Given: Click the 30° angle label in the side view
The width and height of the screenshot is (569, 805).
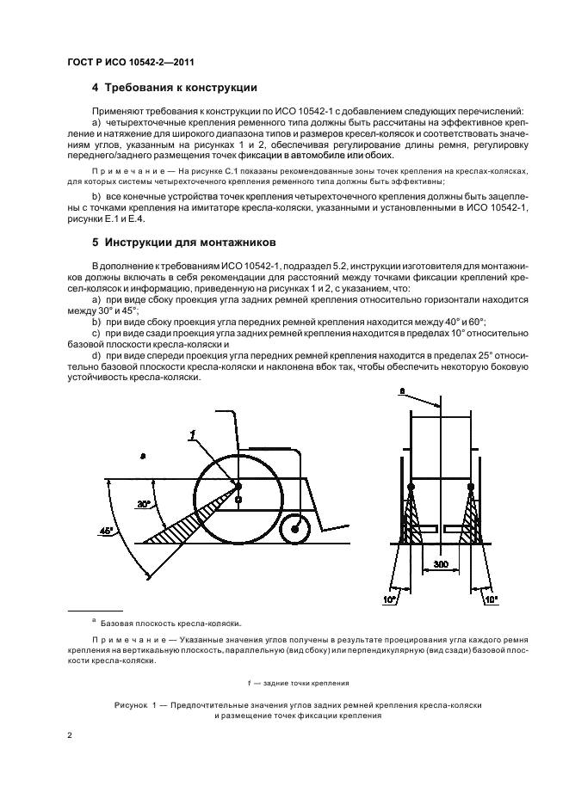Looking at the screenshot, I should tap(144, 504).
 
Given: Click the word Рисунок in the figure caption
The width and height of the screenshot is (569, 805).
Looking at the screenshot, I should tap(133, 704).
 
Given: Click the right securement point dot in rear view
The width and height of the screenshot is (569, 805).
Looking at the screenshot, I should tap(471, 489).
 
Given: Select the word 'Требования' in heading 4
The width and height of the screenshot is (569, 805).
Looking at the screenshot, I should tap(142, 88).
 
